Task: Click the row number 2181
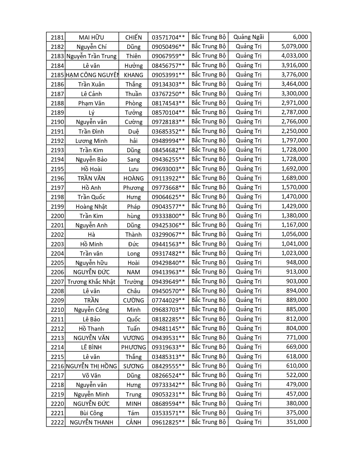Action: (x=57, y=37)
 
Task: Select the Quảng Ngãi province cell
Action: (x=248, y=37)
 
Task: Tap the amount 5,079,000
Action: (x=294, y=46)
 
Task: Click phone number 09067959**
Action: (x=168, y=56)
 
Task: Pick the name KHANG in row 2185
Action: (x=134, y=75)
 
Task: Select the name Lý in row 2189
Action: (x=91, y=112)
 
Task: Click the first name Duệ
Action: (x=134, y=131)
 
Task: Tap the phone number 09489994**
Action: (x=168, y=141)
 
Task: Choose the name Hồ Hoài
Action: (x=91, y=169)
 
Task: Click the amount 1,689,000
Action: (x=294, y=178)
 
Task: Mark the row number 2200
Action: (x=57, y=216)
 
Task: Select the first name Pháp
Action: (x=134, y=206)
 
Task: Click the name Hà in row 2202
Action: (x=91, y=234)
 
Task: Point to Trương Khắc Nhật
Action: (x=91, y=282)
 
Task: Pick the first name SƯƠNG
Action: (x=134, y=366)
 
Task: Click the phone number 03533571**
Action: (x=168, y=413)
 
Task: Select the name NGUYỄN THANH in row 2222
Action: (x=91, y=422)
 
